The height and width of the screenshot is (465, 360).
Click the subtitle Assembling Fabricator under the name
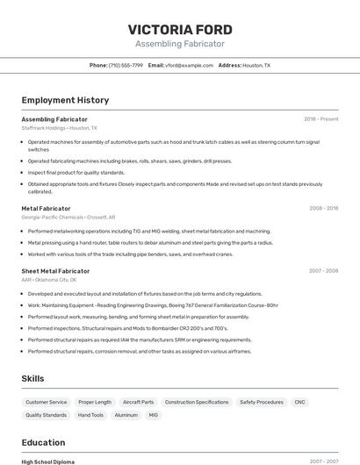(x=179, y=44)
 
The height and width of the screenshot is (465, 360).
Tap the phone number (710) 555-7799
(x=126, y=65)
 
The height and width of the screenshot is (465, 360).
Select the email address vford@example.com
(x=190, y=65)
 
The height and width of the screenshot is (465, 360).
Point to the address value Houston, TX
(x=256, y=65)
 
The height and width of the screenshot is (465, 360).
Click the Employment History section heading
(x=64, y=101)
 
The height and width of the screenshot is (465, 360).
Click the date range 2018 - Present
(x=321, y=119)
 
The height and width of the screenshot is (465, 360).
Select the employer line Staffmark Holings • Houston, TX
(x=60, y=128)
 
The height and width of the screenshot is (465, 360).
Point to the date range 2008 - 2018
(x=323, y=209)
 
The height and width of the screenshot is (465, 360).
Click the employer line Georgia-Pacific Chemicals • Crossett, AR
(x=68, y=218)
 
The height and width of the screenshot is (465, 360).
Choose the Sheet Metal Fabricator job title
(x=55, y=271)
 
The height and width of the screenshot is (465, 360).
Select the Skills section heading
(x=33, y=378)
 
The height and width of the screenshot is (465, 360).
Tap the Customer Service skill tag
(x=47, y=402)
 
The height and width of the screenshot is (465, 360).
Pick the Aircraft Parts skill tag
(x=138, y=402)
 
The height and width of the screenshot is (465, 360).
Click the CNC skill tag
(x=299, y=402)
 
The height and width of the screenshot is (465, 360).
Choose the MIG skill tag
(x=154, y=415)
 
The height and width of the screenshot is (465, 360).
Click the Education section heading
(x=43, y=442)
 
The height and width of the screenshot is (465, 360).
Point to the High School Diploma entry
(x=48, y=461)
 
